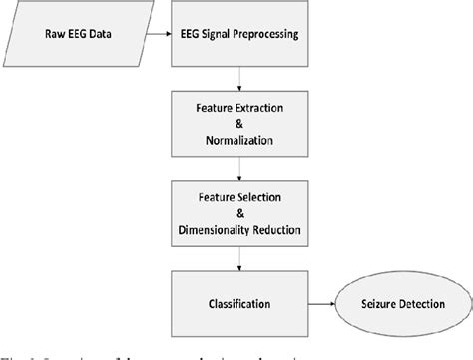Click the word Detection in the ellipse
coord(413,299)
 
